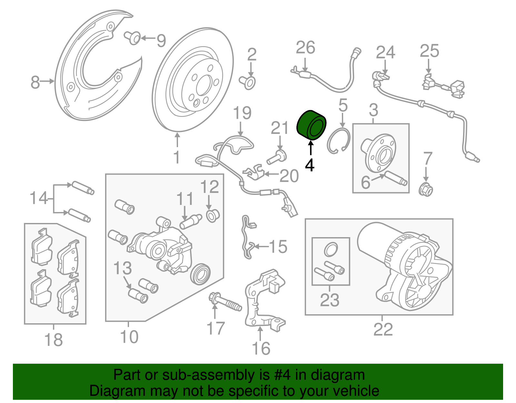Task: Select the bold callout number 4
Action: [x=310, y=165]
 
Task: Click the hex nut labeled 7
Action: [x=426, y=189]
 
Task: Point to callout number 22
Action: [x=383, y=329]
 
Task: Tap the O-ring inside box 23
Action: [x=331, y=249]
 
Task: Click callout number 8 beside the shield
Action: [x=35, y=82]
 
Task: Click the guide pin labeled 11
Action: [x=191, y=222]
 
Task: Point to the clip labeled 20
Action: [x=255, y=172]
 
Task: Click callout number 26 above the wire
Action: [x=305, y=48]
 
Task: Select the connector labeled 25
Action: [x=443, y=86]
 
